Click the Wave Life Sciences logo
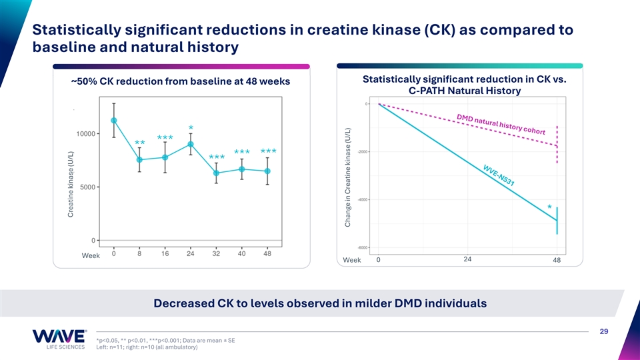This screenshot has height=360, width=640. pyautogui.click(x=59, y=338)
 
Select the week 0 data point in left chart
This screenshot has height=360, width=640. pyautogui.click(x=114, y=121)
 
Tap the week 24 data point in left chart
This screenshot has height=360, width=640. pyautogui.click(x=191, y=144)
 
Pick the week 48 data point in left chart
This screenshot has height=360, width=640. pyautogui.click(x=267, y=171)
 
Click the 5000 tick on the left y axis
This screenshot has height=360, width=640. pyautogui.click(x=87, y=187)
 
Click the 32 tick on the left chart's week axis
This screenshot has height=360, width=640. pyautogui.click(x=216, y=253)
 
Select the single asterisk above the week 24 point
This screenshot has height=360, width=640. pyautogui.click(x=191, y=128)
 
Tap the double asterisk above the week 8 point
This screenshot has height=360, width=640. pyautogui.click(x=139, y=144)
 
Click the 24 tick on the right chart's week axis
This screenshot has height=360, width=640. pyautogui.click(x=467, y=259)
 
